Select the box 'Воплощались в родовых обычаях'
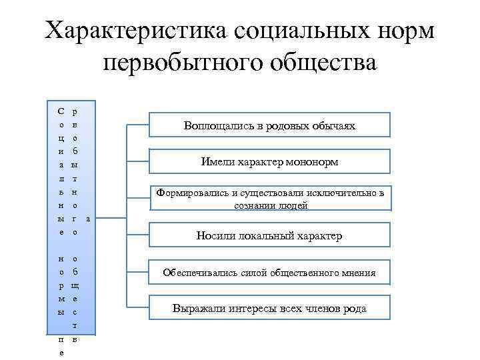269,125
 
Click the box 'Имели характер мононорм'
269,162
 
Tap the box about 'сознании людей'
269,199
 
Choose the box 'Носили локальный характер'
269,235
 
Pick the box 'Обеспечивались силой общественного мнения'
269,272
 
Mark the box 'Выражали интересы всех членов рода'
269,309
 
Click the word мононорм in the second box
310,162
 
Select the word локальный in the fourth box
264,235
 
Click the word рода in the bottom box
354,309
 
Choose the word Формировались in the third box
191,193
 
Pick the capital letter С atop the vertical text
61,111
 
